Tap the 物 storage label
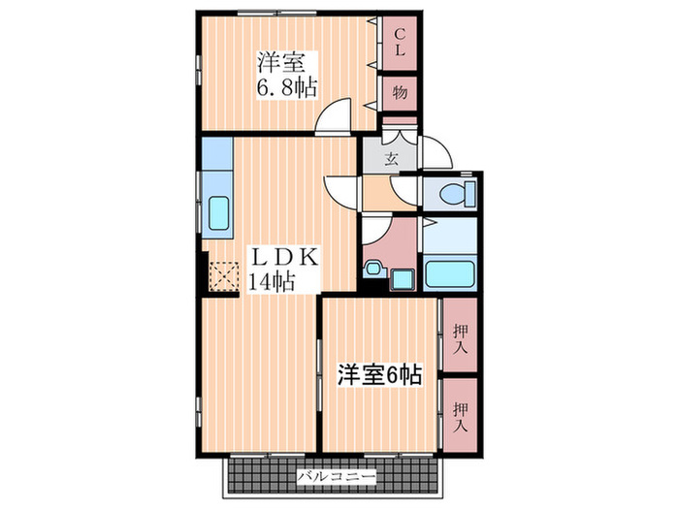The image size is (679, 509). [399, 95]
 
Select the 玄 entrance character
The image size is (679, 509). [392, 158]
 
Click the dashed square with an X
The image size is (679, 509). [224, 277]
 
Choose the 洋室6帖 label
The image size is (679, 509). [378, 373]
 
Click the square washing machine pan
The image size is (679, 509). [403, 279]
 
